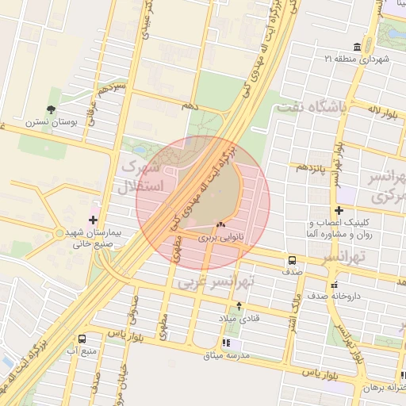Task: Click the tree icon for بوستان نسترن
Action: [52, 109]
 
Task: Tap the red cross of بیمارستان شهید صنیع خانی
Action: [94, 218]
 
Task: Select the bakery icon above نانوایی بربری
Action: [220, 225]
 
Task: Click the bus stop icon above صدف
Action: [293, 260]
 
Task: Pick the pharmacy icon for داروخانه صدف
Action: [334, 284]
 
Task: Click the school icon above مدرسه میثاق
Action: [227, 343]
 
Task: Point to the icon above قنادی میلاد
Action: [239, 305]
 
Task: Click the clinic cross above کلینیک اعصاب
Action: [339, 210]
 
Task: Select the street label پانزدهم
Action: [312, 167]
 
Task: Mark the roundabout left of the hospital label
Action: [59, 234]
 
